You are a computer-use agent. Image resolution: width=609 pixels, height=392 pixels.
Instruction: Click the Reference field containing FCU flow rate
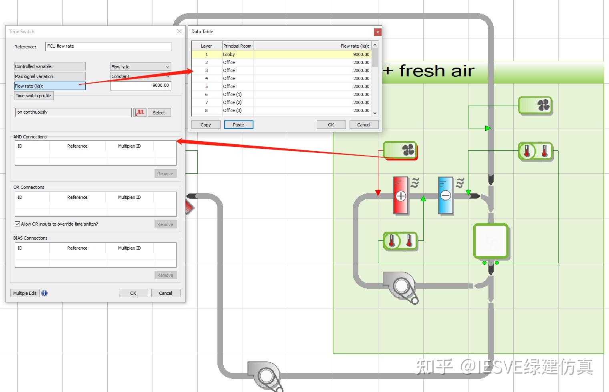tap(108, 46)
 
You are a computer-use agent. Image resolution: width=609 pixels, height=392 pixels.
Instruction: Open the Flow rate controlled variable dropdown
tap(141, 66)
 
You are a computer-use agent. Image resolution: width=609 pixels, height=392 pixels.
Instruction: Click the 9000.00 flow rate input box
tap(141, 86)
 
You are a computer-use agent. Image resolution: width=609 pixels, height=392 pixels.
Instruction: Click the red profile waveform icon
tap(140, 112)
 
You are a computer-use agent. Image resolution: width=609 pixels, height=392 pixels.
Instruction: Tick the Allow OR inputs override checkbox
tap(17, 224)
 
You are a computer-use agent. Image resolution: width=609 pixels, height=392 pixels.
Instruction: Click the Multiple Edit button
tap(25, 293)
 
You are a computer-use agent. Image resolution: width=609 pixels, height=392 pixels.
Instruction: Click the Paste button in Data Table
tap(238, 125)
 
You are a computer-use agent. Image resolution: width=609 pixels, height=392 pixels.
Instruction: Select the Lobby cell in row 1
tap(237, 54)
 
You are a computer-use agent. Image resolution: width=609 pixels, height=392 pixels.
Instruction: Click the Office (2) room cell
tap(237, 102)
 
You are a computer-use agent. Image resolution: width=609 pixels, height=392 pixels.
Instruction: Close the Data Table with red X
tap(378, 32)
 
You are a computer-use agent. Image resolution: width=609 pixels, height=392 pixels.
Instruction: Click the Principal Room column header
tap(237, 46)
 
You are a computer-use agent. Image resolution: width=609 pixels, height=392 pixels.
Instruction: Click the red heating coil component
tap(401, 196)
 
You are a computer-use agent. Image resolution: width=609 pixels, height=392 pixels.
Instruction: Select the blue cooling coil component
tap(446, 196)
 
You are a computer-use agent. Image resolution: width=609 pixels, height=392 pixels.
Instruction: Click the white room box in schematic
tap(491, 241)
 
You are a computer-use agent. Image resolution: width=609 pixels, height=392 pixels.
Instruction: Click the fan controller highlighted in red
tap(400, 150)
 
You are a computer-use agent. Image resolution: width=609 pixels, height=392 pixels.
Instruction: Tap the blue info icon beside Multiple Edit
tap(44, 293)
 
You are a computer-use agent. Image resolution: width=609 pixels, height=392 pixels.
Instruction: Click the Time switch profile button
tap(34, 96)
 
